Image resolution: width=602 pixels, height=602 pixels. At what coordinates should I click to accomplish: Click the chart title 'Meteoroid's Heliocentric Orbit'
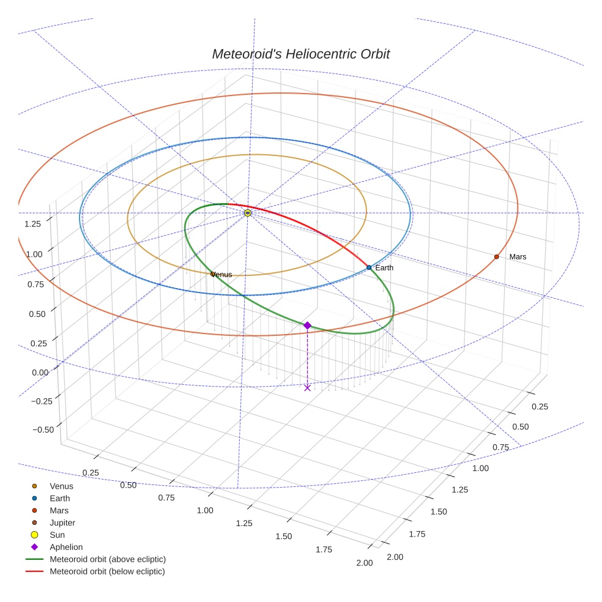[300, 54]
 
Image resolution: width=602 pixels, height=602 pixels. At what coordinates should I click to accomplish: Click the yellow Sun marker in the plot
[248, 213]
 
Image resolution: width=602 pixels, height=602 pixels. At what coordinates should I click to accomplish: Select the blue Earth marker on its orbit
[369, 267]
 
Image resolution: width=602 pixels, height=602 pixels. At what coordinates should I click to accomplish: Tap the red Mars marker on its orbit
[496, 256]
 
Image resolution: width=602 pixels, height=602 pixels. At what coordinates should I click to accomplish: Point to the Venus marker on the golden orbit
[213, 274]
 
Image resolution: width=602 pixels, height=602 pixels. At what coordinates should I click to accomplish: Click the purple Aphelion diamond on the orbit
[307, 325]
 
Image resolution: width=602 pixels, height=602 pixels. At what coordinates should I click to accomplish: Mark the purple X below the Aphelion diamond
[307, 387]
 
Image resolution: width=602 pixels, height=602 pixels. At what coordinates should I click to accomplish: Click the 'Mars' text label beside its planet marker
[518, 257]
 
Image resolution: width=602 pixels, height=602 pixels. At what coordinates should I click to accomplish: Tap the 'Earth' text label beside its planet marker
[384, 268]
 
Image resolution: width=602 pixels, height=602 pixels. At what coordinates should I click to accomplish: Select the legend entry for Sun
[56, 535]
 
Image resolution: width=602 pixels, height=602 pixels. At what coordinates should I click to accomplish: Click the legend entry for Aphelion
[66, 547]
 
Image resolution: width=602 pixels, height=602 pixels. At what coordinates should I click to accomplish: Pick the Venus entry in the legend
[61, 486]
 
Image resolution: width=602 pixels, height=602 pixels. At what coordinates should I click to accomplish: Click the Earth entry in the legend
[59, 499]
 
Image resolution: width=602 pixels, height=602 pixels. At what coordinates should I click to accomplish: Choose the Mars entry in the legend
[59, 510]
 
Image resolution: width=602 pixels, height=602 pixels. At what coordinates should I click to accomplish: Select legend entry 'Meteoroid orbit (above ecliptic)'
[107, 559]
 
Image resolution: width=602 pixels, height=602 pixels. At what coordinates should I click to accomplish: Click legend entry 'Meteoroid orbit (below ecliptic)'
[107, 571]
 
